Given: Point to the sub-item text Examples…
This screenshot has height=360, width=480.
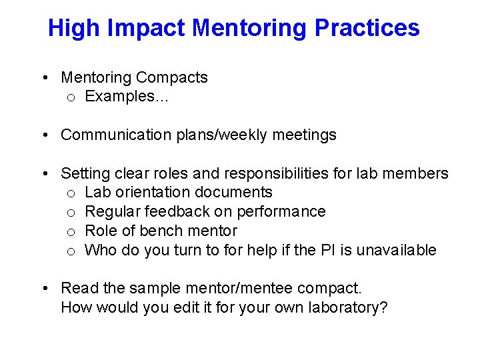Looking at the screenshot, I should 127,97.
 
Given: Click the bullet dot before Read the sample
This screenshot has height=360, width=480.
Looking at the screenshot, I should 43,289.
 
